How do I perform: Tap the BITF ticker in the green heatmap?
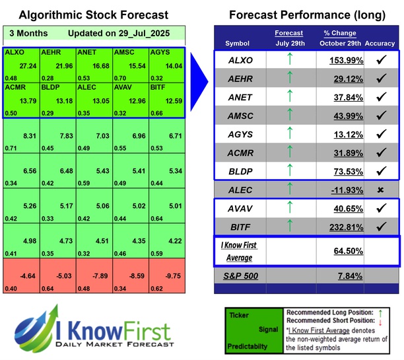point(158,87)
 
